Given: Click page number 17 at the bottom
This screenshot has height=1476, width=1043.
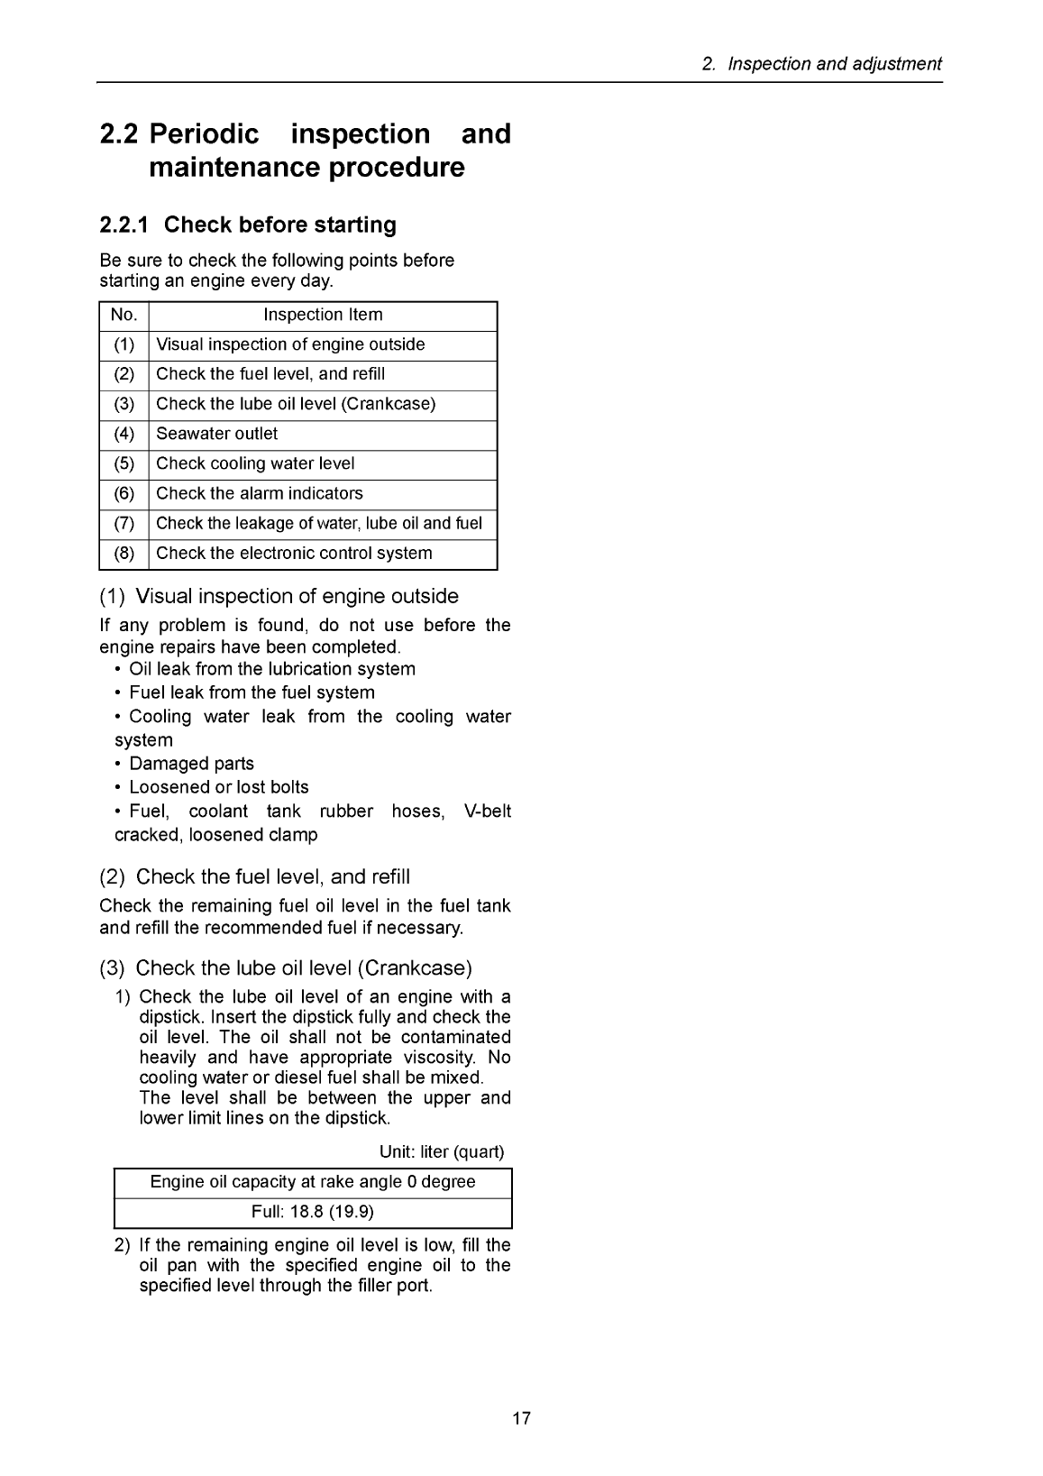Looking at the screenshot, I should point(521,1418).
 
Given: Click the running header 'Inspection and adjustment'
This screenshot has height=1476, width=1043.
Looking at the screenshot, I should point(834,64).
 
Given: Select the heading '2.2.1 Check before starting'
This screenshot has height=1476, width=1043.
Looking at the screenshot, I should point(248,225).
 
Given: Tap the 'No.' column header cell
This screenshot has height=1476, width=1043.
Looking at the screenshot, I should point(124,316).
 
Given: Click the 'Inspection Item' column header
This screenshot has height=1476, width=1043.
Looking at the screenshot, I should point(323,316).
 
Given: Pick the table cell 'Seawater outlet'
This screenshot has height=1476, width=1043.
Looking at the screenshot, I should point(217,435).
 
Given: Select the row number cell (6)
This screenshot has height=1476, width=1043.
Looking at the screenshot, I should point(124,494).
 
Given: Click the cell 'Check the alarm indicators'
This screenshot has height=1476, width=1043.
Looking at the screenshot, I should point(260,494).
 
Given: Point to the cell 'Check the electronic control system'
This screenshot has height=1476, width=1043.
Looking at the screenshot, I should point(294,554).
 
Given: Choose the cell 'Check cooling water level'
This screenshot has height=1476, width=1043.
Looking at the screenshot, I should point(255,464).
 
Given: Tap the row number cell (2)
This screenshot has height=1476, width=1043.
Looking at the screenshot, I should point(124,375).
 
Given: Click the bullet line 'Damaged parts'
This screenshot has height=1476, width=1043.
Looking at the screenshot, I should point(191,764).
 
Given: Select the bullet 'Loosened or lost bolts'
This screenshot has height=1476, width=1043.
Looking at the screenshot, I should point(218,787).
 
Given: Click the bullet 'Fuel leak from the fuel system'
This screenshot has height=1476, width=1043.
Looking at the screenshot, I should point(252,692).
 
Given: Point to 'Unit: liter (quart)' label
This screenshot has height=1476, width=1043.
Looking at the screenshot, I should point(442,1152).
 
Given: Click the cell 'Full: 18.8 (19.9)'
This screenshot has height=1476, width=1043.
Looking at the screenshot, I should point(313,1212).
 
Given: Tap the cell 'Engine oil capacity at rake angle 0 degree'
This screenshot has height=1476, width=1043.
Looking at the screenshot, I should point(313,1182).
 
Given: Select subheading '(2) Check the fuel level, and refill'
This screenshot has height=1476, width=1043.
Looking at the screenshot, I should point(254,877).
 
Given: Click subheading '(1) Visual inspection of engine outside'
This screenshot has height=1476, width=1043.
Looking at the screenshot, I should point(279,597).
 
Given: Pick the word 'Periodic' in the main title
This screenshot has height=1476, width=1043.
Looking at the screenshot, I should point(205,134).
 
